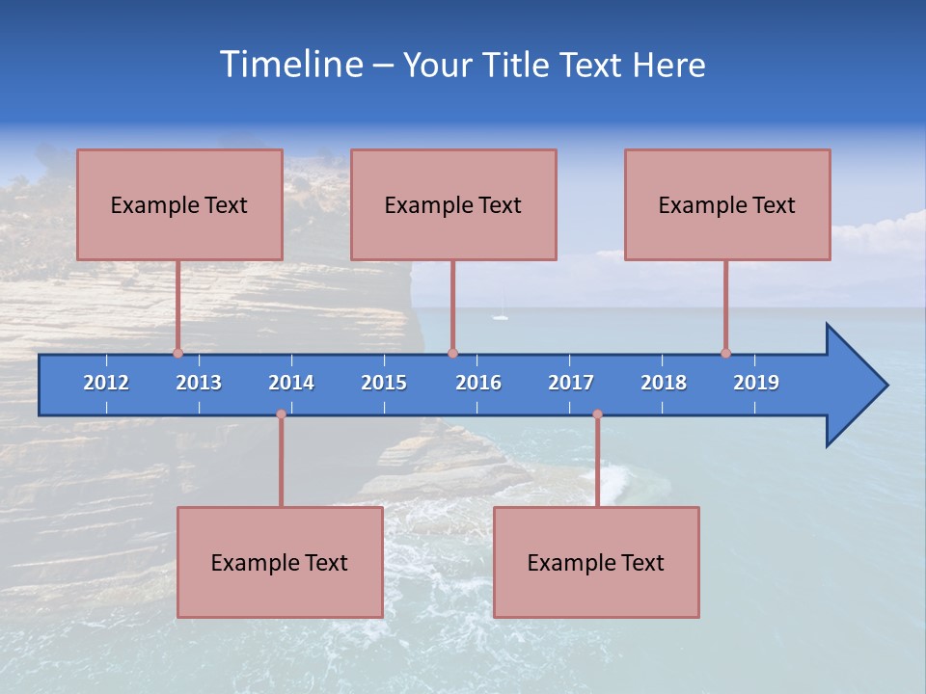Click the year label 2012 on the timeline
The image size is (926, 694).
[x=106, y=383]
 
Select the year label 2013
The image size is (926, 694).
[x=199, y=383]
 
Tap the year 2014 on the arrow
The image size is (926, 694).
[x=291, y=383]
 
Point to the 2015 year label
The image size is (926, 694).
[x=384, y=383]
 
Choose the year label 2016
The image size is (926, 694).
[x=478, y=383]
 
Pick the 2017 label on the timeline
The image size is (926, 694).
[x=571, y=383]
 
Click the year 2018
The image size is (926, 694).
[x=664, y=383]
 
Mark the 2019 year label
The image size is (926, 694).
[x=756, y=383]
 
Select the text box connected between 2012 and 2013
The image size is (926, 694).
[x=179, y=204]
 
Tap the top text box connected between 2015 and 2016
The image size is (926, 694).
[x=453, y=204]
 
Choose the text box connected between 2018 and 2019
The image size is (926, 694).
[x=727, y=204]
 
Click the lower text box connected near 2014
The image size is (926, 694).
[x=280, y=562]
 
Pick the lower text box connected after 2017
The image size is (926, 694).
[x=596, y=562]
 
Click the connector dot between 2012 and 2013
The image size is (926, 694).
[x=177, y=354]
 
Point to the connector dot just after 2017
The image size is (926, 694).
[x=597, y=414]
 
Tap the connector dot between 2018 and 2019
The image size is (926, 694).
[x=725, y=354]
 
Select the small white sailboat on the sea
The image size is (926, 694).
[x=500, y=315]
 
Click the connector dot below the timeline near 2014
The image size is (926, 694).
[x=281, y=414]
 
